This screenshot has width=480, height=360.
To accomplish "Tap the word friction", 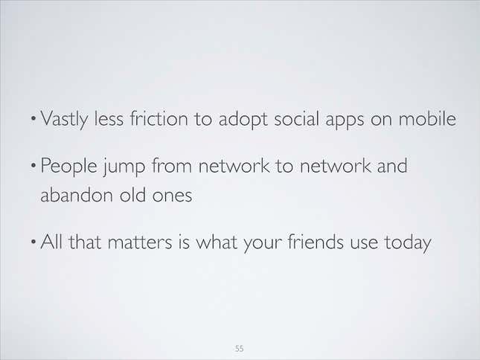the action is pyautogui.click(x=159, y=118).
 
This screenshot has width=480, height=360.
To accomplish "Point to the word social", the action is pyautogui.click(x=296, y=118).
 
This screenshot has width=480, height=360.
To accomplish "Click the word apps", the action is pyautogui.click(x=345, y=120).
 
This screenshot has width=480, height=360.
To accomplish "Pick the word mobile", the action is pyautogui.click(x=427, y=118).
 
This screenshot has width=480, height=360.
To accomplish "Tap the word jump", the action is pyautogui.click(x=124, y=167).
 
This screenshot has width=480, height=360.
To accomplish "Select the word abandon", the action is pyautogui.click(x=77, y=194).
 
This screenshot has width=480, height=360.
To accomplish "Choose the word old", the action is pyautogui.click(x=132, y=194).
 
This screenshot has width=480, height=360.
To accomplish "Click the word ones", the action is pyautogui.click(x=172, y=196).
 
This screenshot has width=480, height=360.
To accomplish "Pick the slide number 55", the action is pyautogui.click(x=240, y=348).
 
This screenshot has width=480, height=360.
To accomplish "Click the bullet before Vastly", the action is pyautogui.click(x=33, y=118).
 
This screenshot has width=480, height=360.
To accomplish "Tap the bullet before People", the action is pyautogui.click(x=33, y=165).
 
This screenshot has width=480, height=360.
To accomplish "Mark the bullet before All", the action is pyautogui.click(x=33, y=241).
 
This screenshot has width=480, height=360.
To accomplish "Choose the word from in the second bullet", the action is pyautogui.click(x=172, y=165).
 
